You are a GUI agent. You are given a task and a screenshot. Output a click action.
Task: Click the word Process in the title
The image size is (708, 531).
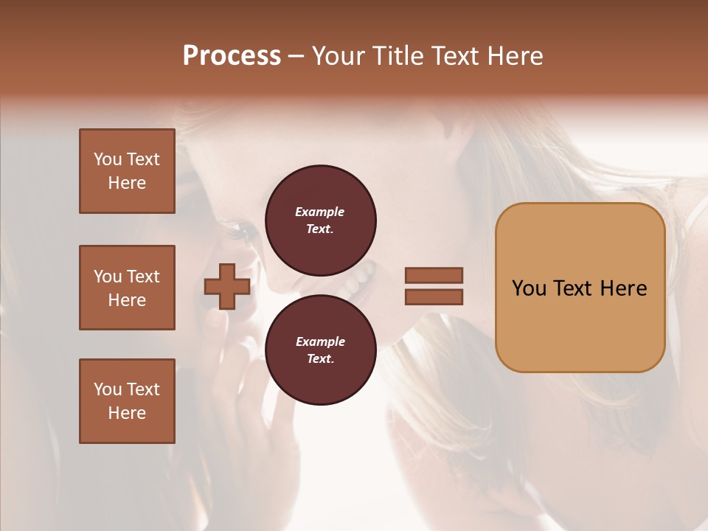pyautogui.click(x=232, y=55)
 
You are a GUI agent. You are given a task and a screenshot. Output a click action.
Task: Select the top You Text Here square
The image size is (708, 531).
pyautogui.click(x=127, y=171)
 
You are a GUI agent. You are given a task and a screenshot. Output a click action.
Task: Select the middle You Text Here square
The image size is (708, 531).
pyautogui.click(x=127, y=288)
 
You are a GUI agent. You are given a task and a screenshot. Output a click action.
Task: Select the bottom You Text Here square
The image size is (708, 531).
pyautogui.click(x=127, y=401)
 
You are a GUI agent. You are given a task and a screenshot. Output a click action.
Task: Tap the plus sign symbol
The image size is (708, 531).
pyautogui.click(x=226, y=286)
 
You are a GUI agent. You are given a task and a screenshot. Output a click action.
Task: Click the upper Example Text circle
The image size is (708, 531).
pyautogui.click(x=321, y=220)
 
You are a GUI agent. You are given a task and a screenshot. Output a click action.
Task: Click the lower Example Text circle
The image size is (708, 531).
pyautogui.click(x=321, y=350)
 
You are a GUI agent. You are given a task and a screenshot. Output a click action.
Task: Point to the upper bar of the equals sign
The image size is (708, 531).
pyautogui.click(x=434, y=276)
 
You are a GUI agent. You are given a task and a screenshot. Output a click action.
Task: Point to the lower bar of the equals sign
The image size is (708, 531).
pyautogui.click(x=434, y=296)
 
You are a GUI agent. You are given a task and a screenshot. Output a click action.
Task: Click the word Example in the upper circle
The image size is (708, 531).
pyautogui.click(x=320, y=212)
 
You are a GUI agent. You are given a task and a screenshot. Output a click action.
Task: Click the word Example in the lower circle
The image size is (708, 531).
pyautogui.click(x=320, y=341)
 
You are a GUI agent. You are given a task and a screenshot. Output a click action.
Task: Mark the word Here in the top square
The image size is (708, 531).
pyautogui.click(x=127, y=183)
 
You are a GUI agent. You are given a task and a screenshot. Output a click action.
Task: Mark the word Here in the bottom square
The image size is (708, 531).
pyautogui.click(x=127, y=413)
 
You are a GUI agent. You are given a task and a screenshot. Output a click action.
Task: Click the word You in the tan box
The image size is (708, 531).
pyautogui.click(x=530, y=288)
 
